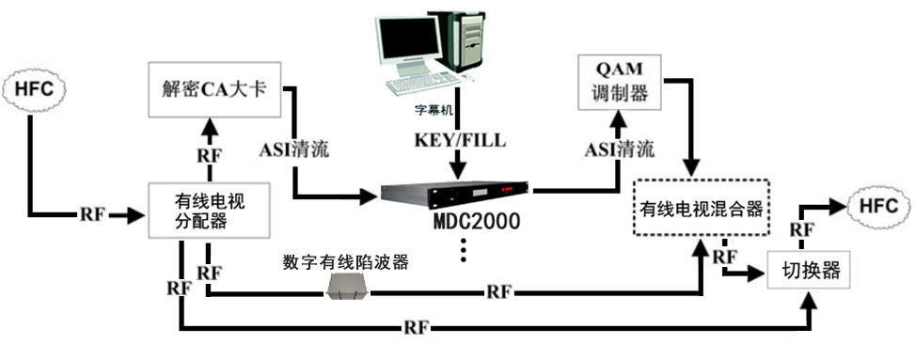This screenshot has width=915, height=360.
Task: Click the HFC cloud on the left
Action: coord(34,91)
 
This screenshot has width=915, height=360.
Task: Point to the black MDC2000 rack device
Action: coord(456,195)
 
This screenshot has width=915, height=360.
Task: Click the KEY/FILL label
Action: coord(457,139)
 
